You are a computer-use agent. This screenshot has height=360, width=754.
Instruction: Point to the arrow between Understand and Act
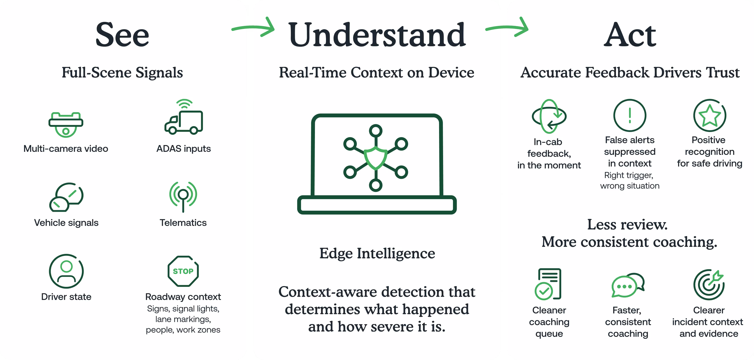(x=507, y=27)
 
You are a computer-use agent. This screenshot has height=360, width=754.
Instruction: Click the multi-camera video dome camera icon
(x=66, y=124)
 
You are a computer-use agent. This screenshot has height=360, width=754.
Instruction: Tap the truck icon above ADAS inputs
(x=184, y=117)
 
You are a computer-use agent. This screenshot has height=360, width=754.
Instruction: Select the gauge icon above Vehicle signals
(x=66, y=197)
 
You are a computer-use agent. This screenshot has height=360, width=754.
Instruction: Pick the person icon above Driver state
(x=66, y=271)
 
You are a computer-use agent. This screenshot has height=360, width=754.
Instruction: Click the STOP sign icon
(x=183, y=271)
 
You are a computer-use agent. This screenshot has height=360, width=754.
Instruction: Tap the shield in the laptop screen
(x=376, y=158)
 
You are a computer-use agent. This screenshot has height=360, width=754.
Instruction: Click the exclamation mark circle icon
(x=630, y=115)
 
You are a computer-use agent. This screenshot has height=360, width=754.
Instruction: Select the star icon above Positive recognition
(x=710, y=115)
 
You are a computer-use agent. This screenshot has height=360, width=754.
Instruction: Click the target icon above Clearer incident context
(x=709, y=285)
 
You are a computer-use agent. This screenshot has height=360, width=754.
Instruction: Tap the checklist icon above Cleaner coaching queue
(x=548, y=284)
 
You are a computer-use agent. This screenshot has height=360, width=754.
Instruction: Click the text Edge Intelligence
(x=377, y=253)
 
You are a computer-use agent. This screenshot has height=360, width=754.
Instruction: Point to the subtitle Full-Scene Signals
(x=122, y=72)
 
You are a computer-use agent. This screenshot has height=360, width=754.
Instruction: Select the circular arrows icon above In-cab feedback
(x=549, y=116)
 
